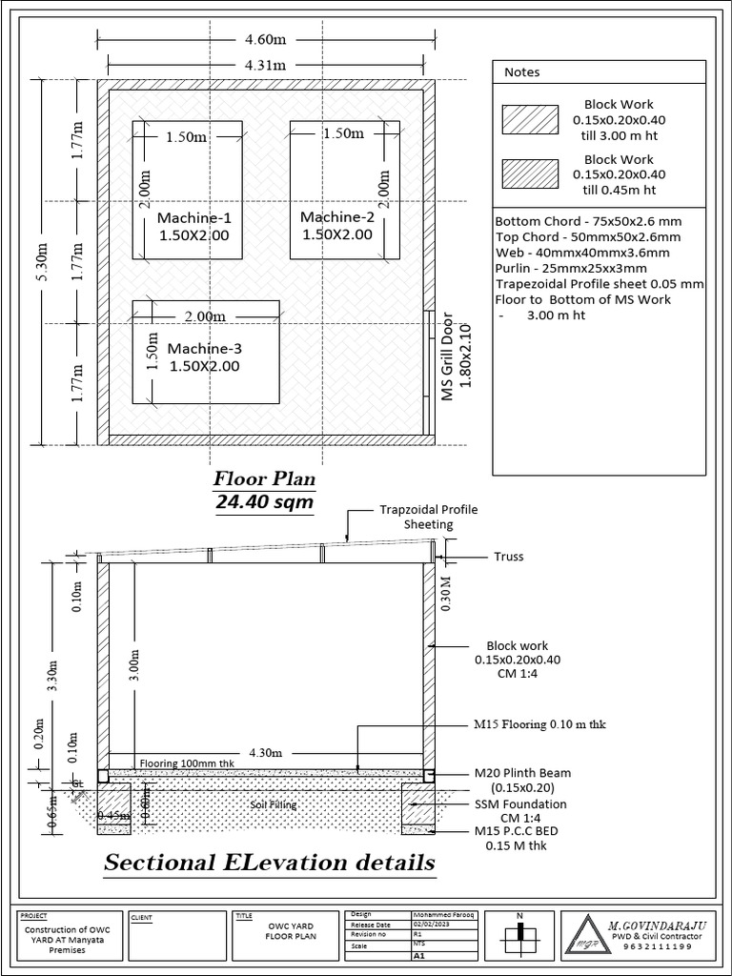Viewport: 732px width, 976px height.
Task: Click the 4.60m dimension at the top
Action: point(266,39)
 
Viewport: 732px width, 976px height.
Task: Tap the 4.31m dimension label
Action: point(266,65)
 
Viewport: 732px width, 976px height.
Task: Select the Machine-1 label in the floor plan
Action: point(193,218)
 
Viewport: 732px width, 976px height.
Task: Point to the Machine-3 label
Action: point(204,348)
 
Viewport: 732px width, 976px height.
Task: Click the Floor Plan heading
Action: point(264,478)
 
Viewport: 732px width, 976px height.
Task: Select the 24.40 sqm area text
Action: point(264,501)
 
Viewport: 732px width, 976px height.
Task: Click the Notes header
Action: point(521,71)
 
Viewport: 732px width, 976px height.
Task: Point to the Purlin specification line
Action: point(569,268)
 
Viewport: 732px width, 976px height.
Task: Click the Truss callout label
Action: point(509,557)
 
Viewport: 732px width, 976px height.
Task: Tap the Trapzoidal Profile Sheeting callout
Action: point(428,517)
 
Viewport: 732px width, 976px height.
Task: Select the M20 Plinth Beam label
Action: point(523,773)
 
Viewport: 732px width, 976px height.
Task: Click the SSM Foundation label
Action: point(520,803)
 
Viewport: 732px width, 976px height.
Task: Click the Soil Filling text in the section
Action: point(274,804)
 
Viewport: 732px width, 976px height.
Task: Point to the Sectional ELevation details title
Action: point(270,863)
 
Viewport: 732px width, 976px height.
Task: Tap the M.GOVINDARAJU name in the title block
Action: point(655,923)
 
